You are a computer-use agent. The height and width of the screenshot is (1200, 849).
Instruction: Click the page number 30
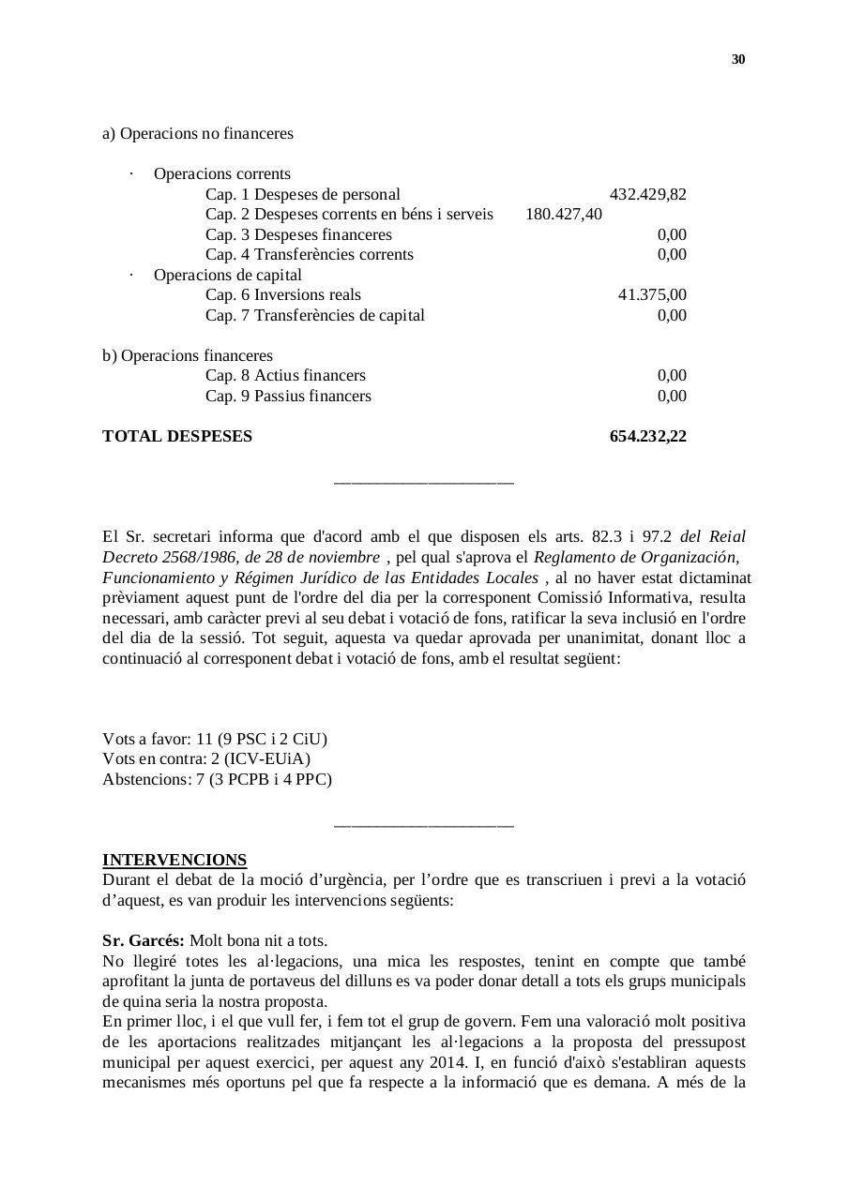coord(738,60)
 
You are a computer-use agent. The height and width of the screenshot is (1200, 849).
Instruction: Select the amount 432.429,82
coord(647,195)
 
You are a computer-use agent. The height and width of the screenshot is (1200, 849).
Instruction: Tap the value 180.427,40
coord(563,215)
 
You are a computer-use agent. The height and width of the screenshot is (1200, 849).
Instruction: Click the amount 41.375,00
coord(652,295)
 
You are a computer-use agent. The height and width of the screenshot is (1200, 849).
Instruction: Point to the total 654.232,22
coord(647,437)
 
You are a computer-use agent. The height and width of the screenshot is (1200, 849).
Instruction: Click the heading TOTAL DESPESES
coord(177,437)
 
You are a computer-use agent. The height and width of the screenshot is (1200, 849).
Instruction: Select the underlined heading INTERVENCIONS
coord(174,861)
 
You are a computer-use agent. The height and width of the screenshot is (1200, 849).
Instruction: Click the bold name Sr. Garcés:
coord(143,941)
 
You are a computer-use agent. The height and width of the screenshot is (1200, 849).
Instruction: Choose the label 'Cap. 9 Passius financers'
coord(288,397)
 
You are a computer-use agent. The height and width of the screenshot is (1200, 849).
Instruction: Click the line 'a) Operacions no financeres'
coord(198,134)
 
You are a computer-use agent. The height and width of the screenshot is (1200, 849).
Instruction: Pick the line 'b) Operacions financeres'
coord(188,356)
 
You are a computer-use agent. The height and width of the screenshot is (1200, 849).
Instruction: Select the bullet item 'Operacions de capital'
coord(228,276)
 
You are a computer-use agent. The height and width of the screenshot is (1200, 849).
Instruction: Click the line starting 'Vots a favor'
coord(215,740)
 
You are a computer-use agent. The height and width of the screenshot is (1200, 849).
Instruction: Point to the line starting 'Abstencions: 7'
coord(217,780)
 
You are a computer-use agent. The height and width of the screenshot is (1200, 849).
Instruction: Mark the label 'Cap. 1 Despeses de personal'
coord(302,195)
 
